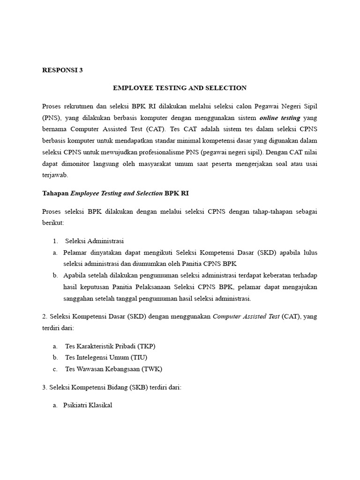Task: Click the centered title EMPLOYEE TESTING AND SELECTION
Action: point(180,88)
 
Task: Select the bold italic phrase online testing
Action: point(280,117)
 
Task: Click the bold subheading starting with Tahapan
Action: point(115,193)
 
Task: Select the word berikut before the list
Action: point(53,223)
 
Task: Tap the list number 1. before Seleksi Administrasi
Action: point(55,241)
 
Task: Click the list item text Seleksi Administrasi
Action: point(94,241)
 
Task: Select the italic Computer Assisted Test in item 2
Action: point(246,316)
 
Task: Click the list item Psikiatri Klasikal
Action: point(88,405)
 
